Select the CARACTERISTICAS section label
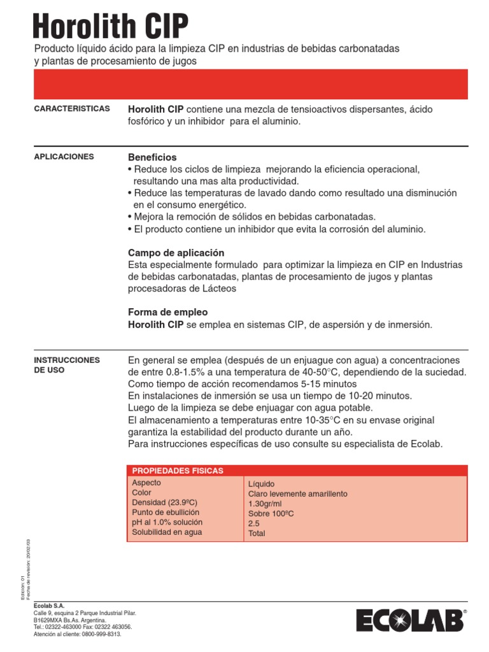71,109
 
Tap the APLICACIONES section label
64,157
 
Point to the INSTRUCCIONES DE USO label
66,365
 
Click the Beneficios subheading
152,157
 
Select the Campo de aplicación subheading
176,253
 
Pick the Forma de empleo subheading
167,313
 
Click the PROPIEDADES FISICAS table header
177,471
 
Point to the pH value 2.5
254,523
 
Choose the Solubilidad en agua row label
167,532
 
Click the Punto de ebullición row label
166,513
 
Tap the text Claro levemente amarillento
298,494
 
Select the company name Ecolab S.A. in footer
49,606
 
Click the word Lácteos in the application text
218,288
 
